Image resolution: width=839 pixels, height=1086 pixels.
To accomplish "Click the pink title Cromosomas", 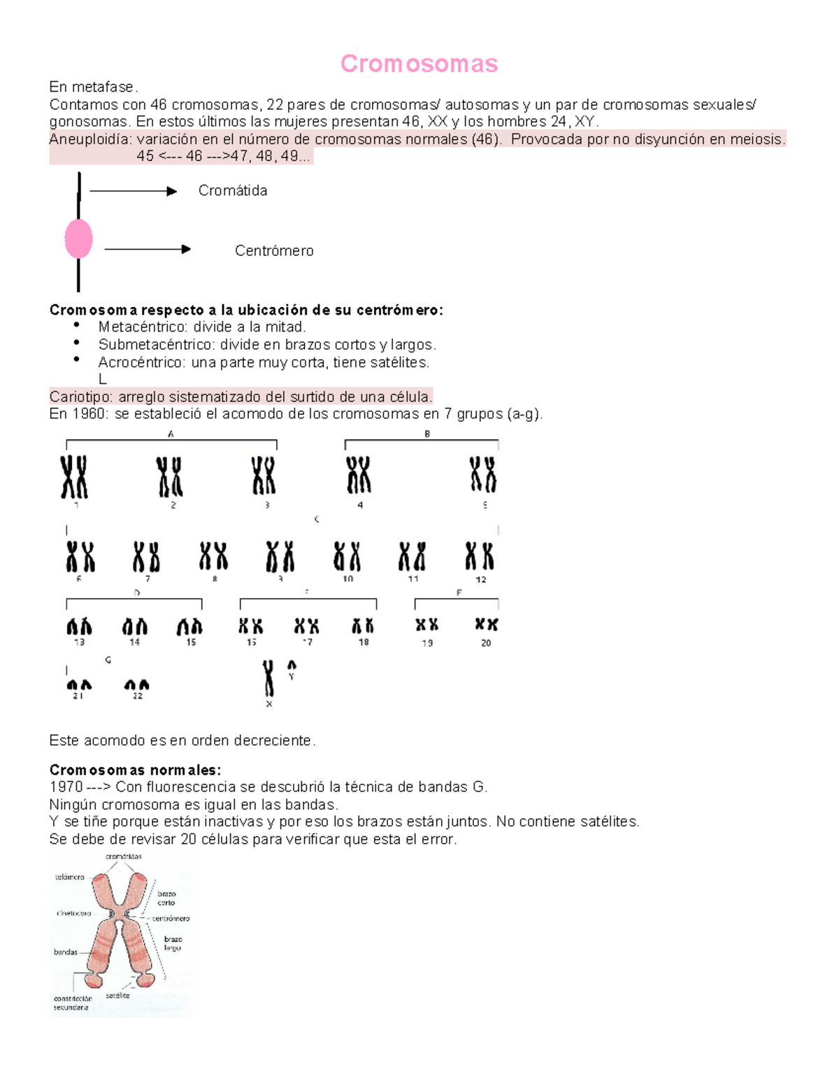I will tap(419, 64).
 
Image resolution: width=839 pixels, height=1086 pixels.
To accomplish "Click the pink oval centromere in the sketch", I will tap(78, 238).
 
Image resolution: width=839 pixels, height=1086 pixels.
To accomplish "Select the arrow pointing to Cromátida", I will tap(133, 191).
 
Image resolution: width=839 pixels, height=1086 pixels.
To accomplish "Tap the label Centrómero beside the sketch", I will tap(274, 250).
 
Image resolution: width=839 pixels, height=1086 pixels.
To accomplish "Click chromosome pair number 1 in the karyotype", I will tap(74, 477).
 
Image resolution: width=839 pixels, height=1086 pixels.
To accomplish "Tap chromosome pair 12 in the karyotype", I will tap(480, 557).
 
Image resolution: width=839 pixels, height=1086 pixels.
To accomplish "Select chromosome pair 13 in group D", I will tap(79, 626).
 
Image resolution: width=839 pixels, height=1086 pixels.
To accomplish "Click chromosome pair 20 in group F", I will tap(486, 624).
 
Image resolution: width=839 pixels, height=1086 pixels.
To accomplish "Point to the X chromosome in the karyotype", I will tap(268, 678).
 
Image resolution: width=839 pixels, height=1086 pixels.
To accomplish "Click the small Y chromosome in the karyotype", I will tap(292, 666).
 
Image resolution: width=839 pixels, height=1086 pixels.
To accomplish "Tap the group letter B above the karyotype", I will tap(427, 434).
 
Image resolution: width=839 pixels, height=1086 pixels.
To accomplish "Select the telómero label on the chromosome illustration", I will tap(70, 877).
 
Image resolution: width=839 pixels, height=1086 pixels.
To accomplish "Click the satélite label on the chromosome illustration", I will tap(117, 995).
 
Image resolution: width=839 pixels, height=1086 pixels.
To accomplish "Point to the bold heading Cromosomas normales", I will tap(135, 770).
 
